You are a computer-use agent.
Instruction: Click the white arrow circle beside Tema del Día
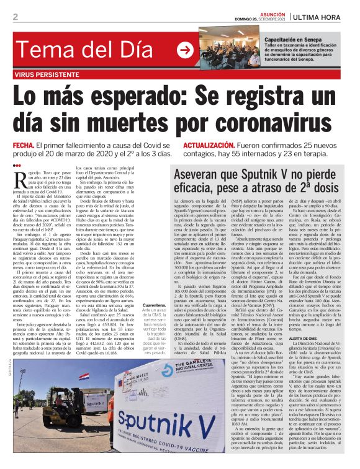pyautogui.click(x=184, y=50)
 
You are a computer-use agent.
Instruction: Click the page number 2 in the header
pyautogui.click(x=16, y=17)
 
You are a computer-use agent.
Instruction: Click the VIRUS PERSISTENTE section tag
pyautogui.click(x=47, y=73)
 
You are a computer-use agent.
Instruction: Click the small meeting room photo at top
pyautogui.click(x=226, y=48)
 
